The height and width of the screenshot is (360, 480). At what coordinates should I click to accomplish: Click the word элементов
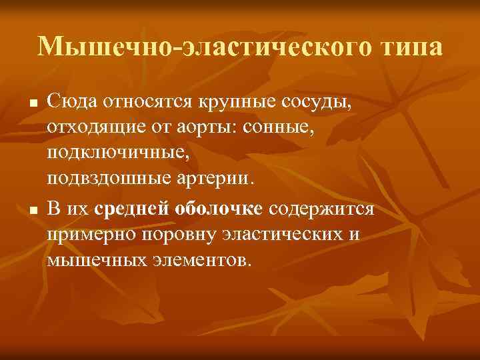(x=197, y=260)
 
